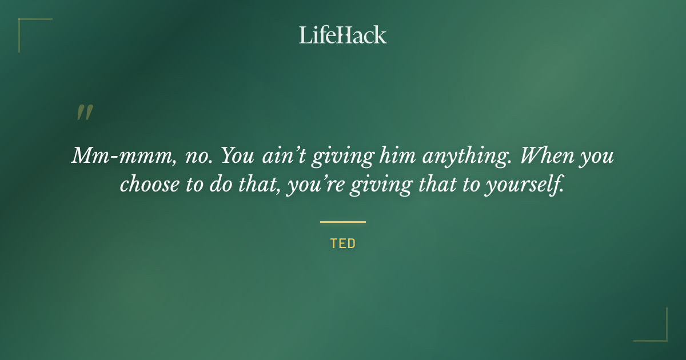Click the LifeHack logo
coord(343,35)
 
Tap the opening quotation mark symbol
coord(84,113)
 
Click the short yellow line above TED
coord(343,222)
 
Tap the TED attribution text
coord(343,243)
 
